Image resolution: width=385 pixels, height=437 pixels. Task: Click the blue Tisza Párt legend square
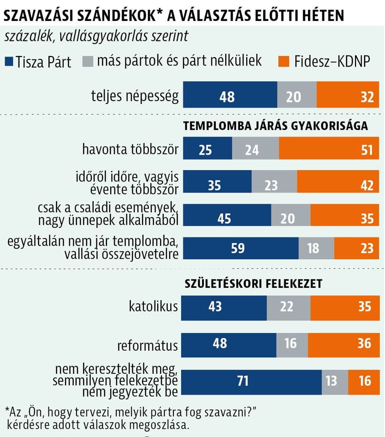point(9,62)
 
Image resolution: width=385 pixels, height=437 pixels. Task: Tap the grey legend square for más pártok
point(88,62)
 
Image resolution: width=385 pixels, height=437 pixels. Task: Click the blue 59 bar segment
point(241,248)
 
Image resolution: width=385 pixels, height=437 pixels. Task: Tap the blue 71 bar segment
point(251,380)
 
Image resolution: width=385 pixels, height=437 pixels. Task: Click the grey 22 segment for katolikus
point(289,306)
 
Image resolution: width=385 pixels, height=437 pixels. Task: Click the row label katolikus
point(154,306)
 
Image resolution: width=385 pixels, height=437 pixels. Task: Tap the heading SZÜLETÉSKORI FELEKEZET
point(253,284)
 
